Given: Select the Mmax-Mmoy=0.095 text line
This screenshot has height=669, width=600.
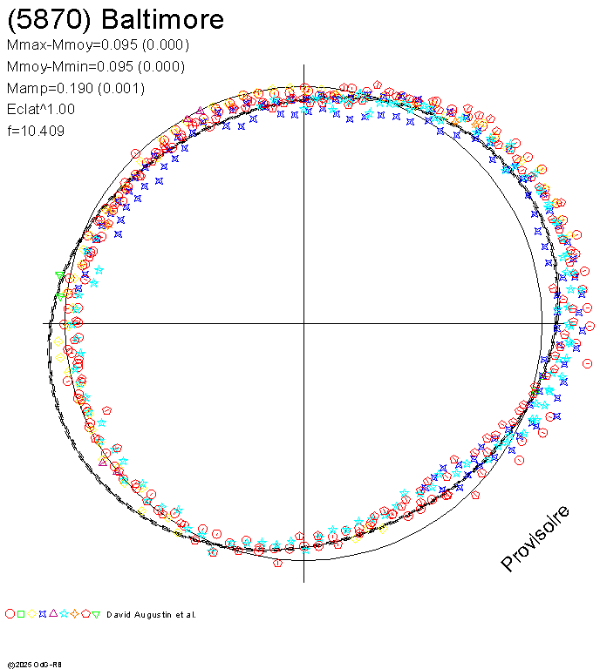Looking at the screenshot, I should point(97,45).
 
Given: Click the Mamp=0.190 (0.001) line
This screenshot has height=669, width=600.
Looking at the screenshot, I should point(75,88).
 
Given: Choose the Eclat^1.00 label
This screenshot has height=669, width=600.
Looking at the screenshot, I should point(40,110).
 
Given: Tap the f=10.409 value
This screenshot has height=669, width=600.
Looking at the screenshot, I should point(35,132).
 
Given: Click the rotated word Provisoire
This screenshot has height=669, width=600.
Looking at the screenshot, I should point(535,538).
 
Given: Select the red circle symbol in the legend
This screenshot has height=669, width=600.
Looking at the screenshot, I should point(10,614).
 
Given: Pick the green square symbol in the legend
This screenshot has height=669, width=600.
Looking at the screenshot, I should point(20,614).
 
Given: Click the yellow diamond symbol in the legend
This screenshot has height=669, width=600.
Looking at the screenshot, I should point(31,614).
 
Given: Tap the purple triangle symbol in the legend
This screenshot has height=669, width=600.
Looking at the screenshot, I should point(53,614).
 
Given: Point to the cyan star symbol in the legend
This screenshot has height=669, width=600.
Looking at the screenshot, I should point(64,614).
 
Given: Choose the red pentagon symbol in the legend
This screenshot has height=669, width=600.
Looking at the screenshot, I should point(85,614).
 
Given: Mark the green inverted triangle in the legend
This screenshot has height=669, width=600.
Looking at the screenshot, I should point(96,614).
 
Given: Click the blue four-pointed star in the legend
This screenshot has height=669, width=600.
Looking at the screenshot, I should point(42,614).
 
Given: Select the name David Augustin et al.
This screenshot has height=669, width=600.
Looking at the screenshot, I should point(151,615).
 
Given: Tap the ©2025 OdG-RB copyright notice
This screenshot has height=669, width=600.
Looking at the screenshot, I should point(34,664).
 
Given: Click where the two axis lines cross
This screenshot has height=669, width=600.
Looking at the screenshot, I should point(303,323).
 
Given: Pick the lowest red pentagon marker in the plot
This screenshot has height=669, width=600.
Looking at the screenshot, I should point(278,563).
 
